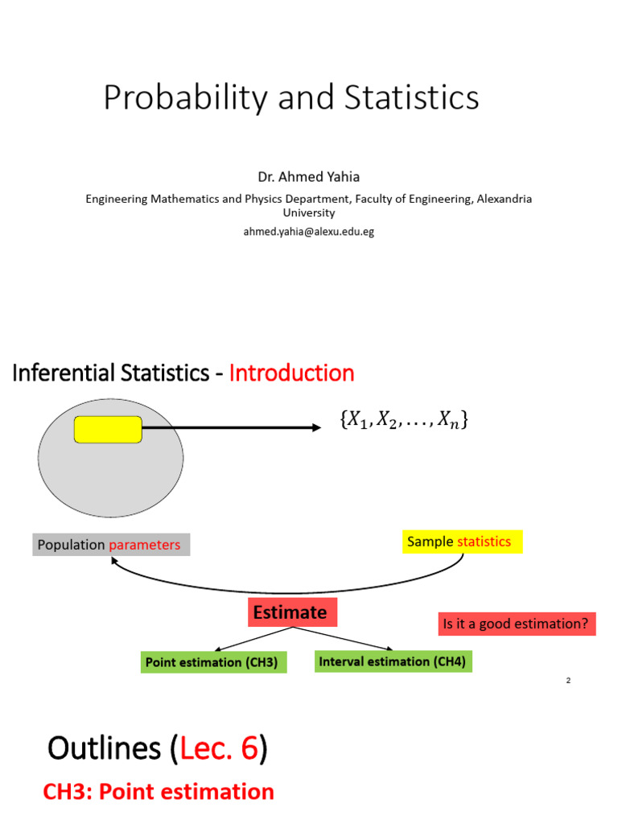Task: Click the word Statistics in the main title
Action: click(411, 98)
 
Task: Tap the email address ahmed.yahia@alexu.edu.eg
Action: click(308, 231)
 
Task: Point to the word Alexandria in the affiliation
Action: click(502, 198)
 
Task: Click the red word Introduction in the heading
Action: click(291, 373)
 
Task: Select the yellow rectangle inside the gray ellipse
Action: click(108, 430)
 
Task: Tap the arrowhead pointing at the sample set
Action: click(315, 427)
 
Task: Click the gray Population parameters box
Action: click(111, 545)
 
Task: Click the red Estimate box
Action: click(290, 612)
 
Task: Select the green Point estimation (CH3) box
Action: click(212, 662)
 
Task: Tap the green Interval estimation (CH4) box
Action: click(392, 661)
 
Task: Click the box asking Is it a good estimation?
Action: click(517, 623)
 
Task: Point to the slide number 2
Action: click(568, 681)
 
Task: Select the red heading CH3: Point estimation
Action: click(159, 792)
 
